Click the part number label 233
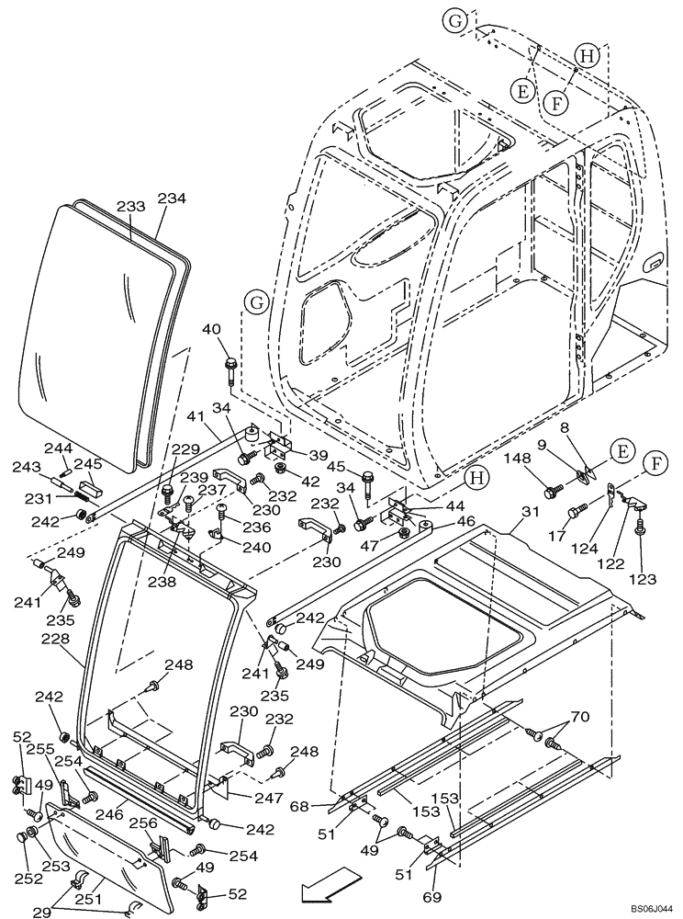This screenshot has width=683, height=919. coord(131,208)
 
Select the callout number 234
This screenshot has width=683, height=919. coord(172,198)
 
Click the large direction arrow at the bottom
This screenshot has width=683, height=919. coord(322,890)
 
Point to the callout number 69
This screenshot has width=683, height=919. coord(432,895)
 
